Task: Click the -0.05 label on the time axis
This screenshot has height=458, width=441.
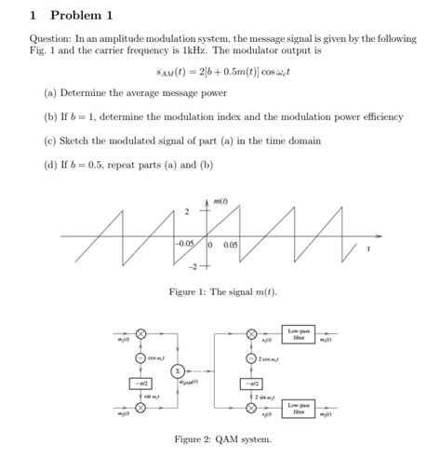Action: tap(185, 244)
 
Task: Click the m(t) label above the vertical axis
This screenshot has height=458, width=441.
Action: tap(220, 200)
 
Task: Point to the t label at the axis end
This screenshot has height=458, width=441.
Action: tap(368, 249)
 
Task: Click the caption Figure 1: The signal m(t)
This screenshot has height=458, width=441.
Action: tap(222, 292)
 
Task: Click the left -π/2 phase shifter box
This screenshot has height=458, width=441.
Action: tap(140, 383)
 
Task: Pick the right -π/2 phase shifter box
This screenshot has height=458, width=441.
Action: tap(250, 383)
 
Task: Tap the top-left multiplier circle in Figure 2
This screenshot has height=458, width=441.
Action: tap(140, 333)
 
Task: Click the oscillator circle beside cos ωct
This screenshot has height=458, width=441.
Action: tap(140, 357)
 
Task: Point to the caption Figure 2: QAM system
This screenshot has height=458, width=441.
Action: tap(222, 438)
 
